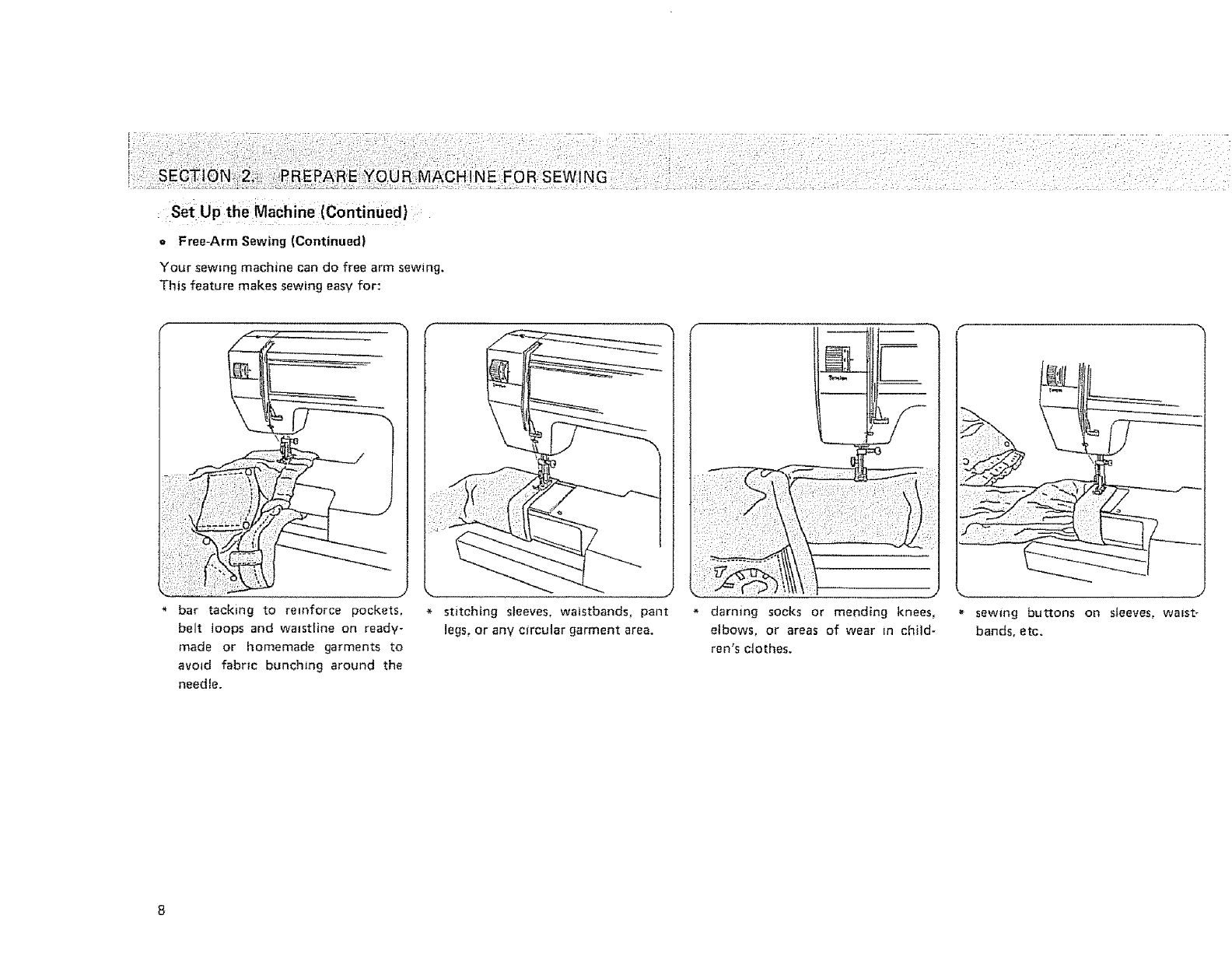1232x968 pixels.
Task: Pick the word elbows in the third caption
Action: coord(730,630)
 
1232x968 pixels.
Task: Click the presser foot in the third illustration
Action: coord(859,465)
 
